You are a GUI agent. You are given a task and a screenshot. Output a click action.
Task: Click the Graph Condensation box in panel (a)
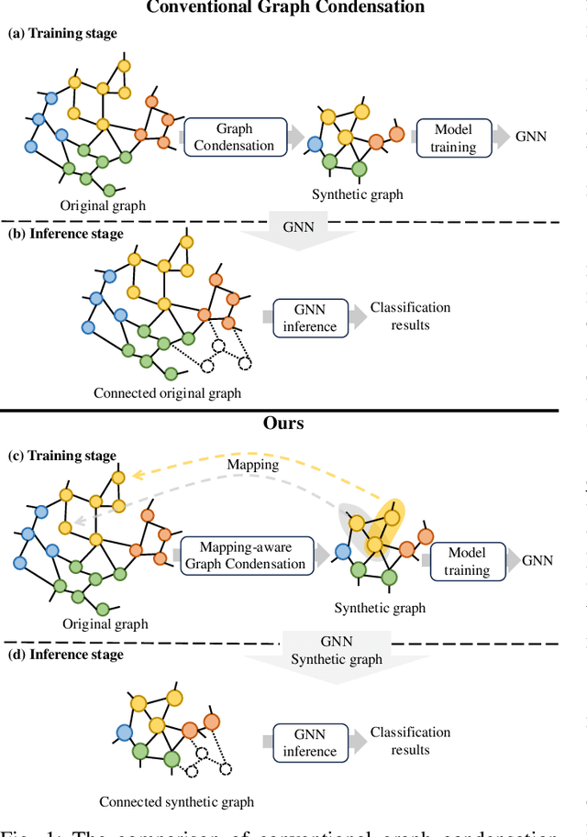coord(234,138)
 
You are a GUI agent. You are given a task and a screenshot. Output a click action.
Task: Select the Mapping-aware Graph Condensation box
coord(244,556)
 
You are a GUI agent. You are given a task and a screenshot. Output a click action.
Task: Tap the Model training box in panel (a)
coord(453,138)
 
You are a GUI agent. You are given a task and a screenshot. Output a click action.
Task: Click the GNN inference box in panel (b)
coord(310,318)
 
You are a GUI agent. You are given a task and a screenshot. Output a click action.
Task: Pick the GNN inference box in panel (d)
coord(309,743)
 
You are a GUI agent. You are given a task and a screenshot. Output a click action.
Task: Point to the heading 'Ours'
coord(282,424)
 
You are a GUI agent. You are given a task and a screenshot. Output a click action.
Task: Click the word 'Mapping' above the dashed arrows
coord(253,465)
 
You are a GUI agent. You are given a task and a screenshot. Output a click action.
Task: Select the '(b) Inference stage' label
coord(65,233)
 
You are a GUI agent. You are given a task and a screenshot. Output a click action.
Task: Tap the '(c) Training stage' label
coord(62,456)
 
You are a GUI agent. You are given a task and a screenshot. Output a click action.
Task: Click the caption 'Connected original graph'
coord(167,393)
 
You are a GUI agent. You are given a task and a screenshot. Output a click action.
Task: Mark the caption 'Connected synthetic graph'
coord(176,802)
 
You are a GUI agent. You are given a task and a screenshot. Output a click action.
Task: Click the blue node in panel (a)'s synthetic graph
coord(315,144)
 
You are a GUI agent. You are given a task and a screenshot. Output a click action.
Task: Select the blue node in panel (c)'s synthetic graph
coord(343,551)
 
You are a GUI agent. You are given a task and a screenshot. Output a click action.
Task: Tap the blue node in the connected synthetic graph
coord(126,732)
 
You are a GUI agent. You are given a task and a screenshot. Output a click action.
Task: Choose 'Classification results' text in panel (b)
coord(410,315)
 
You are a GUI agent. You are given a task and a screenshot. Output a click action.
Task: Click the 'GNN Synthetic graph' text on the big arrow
coord(337,651)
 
